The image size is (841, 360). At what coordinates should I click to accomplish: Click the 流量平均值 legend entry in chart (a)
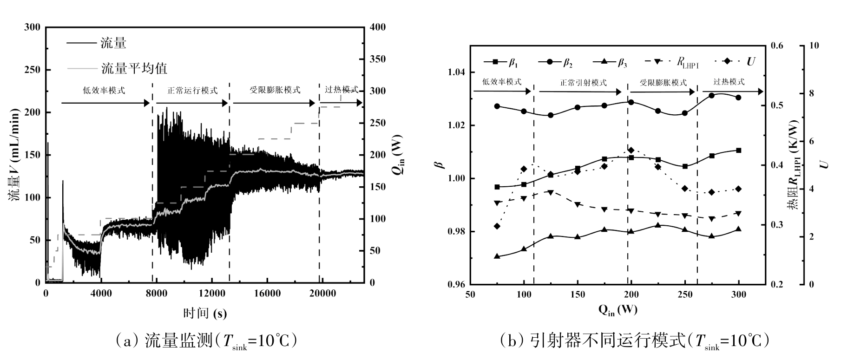(x=134, y=69)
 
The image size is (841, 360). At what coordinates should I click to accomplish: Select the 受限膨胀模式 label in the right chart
(x=663, y=83)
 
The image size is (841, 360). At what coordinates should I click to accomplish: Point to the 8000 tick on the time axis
(x=156, y=293)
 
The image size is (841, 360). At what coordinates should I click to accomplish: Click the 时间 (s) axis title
(x=205, y=314)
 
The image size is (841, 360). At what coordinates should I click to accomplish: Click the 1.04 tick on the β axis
(x=456, y=72)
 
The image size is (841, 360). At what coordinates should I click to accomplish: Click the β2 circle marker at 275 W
(x=712, y=96)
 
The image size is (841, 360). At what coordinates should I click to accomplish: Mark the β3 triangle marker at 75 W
(x=497, y=256)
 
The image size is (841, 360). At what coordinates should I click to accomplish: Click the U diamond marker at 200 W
(x=631, y=150)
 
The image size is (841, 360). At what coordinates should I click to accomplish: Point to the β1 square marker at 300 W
(x=739, y=151)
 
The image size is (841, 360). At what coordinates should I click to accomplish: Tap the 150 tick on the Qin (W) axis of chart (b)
(x=578, y=295)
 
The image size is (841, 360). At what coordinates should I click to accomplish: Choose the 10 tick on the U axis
(x=814, y=46)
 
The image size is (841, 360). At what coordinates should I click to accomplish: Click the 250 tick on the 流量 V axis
(x=33, y=70)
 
